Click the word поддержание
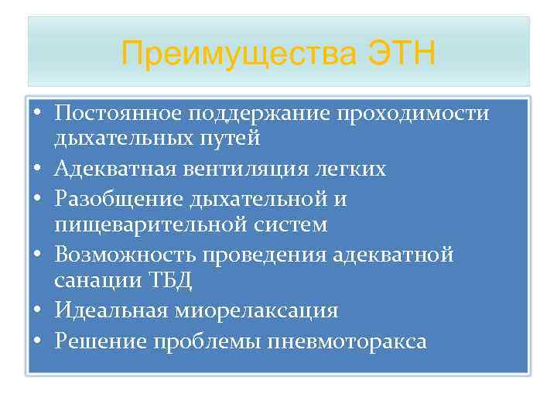258,115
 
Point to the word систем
286,224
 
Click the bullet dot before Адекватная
37,169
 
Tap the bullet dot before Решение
37,341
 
